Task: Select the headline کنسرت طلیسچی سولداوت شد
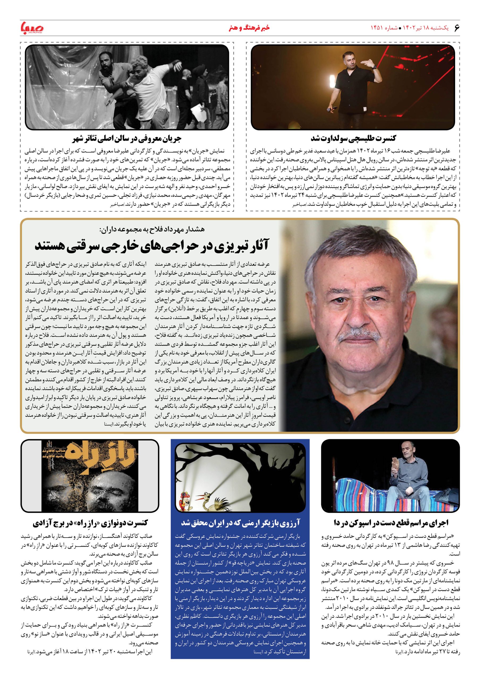click(x=353, y=138)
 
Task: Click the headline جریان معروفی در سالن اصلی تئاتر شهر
click(x=127, y=138)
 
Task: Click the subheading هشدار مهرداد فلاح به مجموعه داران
click(x=152, y=229)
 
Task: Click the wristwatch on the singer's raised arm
click(x=374, y=67)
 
